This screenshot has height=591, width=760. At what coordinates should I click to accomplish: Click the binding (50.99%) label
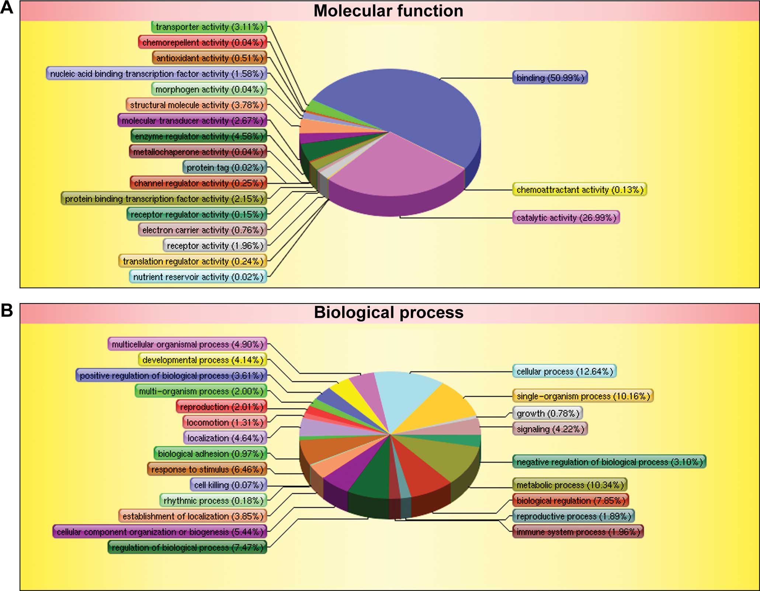[550, 78]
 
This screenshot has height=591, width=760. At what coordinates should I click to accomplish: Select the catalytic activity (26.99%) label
[566, 218]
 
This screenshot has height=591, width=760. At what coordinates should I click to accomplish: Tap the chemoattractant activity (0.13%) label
[579, 190]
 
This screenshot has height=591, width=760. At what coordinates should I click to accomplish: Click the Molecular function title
[388, 11]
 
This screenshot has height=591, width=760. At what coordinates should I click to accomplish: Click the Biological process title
[389, 312]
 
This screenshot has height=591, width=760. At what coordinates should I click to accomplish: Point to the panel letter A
[7, 8]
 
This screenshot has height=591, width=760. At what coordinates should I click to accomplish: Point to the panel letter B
[7, 311]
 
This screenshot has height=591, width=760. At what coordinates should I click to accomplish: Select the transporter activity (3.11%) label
[209, 27]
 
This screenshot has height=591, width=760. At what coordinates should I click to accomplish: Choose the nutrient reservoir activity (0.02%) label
[198, 277]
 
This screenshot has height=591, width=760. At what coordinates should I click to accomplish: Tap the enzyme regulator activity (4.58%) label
[199, 136]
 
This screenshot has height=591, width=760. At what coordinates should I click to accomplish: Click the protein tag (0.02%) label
[225, 168]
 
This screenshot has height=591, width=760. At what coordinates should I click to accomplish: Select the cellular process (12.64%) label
[564, 371]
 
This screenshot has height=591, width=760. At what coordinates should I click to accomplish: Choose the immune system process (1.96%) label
[578, 532]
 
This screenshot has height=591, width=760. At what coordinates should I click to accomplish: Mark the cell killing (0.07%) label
[229, 485]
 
